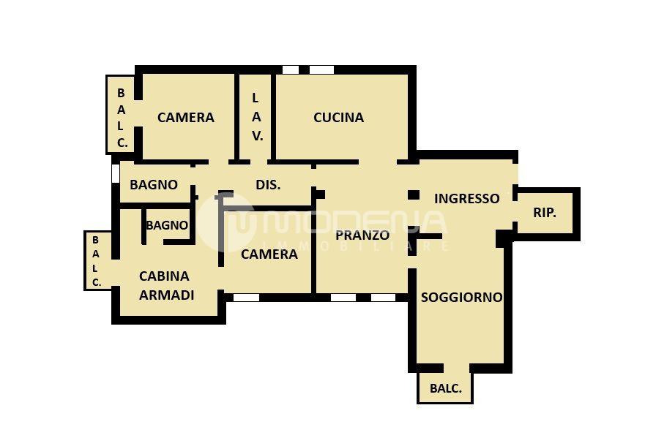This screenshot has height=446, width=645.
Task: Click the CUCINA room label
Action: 338,118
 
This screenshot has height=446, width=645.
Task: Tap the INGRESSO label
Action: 467,199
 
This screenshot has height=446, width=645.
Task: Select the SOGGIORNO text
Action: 461,298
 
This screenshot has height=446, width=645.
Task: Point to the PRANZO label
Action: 362,235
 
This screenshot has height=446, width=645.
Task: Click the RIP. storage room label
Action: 545,213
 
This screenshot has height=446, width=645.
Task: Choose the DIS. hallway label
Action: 268,185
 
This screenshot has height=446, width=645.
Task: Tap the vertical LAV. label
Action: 257,117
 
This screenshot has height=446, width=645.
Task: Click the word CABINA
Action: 164,276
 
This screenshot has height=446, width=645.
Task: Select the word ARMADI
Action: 167,295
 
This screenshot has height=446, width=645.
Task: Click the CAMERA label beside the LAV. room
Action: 186,118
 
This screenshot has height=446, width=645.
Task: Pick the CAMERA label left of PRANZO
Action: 269,254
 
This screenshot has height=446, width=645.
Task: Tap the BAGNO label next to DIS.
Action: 154,185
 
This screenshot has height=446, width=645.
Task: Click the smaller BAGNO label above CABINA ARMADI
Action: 167,225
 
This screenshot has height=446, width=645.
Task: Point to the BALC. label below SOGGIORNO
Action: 445,388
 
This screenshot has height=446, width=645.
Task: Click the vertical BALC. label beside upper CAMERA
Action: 122,118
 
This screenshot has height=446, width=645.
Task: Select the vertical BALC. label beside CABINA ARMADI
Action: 96,261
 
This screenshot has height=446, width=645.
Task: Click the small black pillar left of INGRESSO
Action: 414,194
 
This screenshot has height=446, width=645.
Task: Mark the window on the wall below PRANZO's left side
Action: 343,298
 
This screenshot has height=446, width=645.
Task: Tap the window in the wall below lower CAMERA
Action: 247,298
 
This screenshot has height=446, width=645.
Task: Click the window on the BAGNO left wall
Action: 116,173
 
